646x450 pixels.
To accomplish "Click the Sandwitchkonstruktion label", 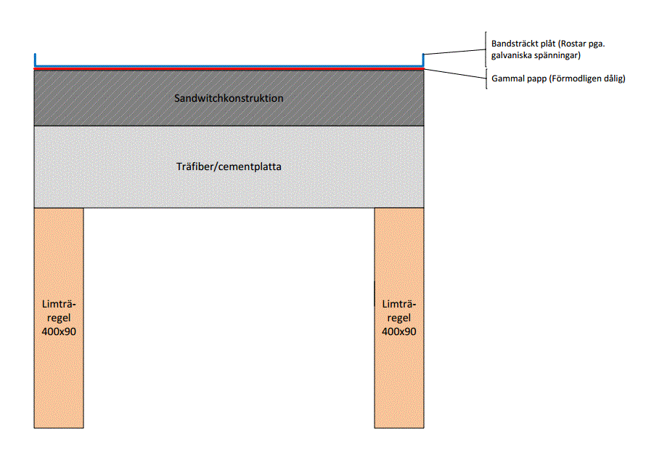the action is click(x=229, y=98).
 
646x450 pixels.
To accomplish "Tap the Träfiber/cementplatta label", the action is click(x=229, y=166).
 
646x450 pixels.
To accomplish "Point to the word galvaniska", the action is click(x=510, y=55).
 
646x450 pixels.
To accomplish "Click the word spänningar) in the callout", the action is click(x=556, y=55).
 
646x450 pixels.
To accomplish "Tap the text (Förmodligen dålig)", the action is click(x=587, y=79).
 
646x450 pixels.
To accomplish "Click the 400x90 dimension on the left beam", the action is click(x=59, y=332).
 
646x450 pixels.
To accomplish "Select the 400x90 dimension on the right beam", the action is click(x=398, y=332).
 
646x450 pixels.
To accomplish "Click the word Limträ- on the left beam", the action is click(x=59, y=305).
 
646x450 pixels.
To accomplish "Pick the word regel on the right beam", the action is click(x=398, y=318).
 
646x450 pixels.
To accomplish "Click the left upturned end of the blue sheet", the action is click(x=35, y=54).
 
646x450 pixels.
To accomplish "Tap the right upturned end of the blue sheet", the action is click(x=423, y=54).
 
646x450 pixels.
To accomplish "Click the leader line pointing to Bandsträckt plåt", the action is click(x=454, y=52).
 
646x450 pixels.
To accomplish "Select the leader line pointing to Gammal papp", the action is click(x=455, y=73).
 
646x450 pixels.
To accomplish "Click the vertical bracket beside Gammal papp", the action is click(x=486, y=79).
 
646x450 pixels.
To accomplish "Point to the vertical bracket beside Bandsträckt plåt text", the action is click(x=486, y=49).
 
